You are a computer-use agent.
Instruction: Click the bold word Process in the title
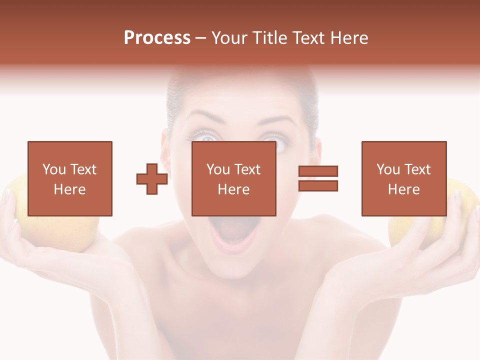157,38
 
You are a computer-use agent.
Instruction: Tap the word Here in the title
349,38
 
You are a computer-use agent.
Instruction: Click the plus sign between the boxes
152,179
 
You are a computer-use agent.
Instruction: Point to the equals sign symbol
318,178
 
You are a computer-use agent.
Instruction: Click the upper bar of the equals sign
318,171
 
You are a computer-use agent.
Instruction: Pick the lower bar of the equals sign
318,185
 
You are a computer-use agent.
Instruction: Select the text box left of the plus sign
69,178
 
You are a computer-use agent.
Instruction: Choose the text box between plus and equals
233,178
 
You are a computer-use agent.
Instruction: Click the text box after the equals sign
403,178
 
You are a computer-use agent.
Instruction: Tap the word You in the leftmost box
54,169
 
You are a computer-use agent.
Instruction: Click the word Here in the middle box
233,189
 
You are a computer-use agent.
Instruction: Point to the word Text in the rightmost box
417,169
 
